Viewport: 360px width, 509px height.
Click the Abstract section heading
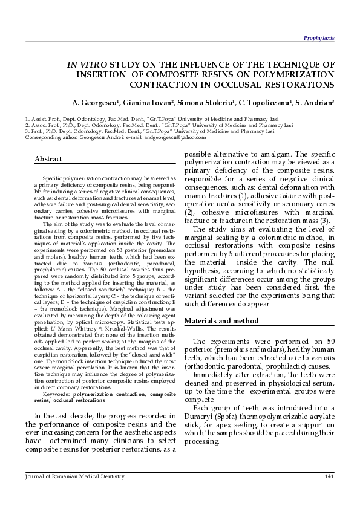48,159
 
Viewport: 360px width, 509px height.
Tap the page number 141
329,477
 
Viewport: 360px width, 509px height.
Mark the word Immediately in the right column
215,375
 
